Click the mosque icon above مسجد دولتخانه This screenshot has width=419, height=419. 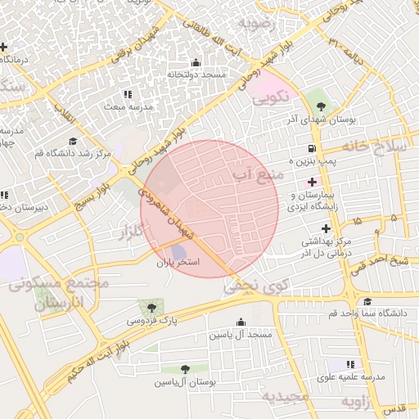click(195, 63)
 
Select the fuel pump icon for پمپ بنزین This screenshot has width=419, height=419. click(312, 149)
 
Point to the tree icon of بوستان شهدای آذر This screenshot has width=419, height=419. click(319, 106)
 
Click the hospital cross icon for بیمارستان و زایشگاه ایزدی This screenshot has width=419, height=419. click(312, 181)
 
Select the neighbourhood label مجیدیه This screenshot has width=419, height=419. click(285, 397)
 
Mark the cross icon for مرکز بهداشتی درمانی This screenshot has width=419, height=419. click(325, 228)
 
